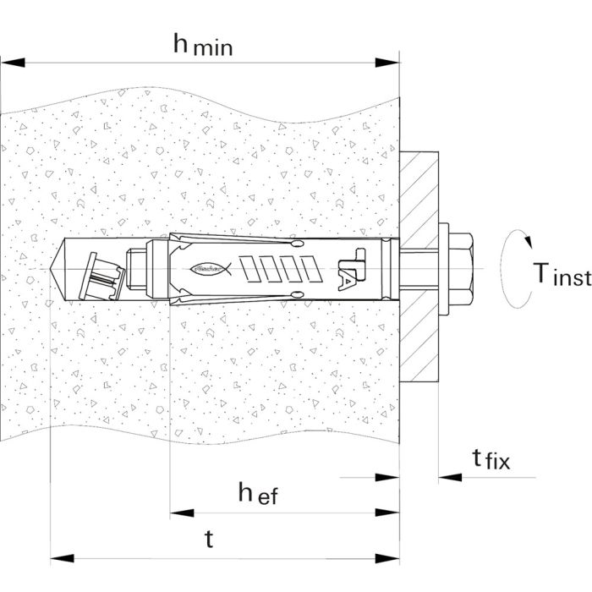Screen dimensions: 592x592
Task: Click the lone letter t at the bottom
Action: [209, 540]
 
